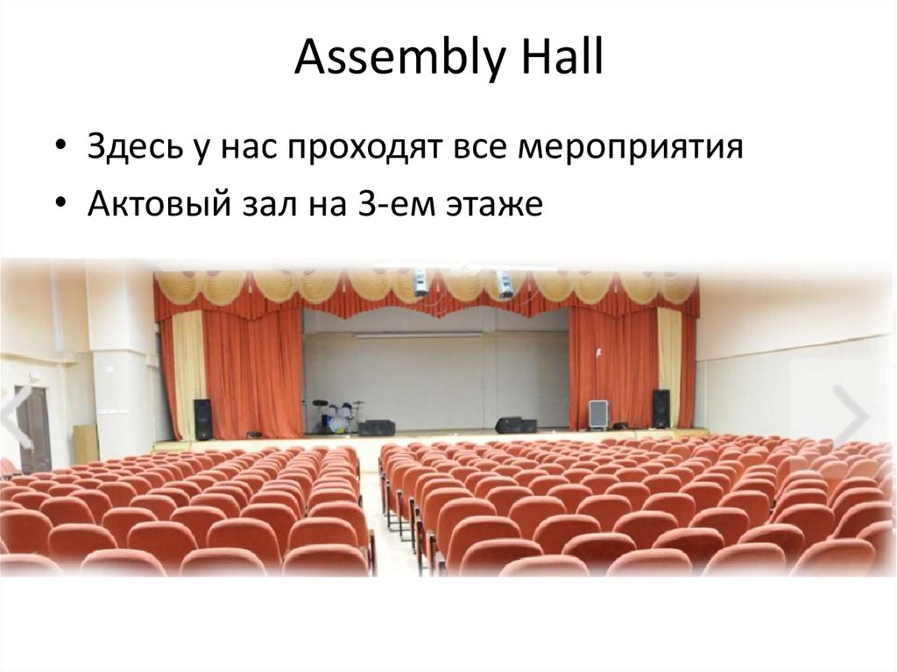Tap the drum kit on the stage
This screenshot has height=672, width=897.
tap(336, 417)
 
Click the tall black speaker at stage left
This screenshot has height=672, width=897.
tap(202, 419)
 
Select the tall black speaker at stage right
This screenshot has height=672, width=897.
tap(660, 408)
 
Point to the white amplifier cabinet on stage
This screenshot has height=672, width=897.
tap(598, 414)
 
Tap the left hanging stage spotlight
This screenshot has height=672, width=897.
tap(421, 282)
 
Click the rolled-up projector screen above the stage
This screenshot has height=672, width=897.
tap(419, 335)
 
